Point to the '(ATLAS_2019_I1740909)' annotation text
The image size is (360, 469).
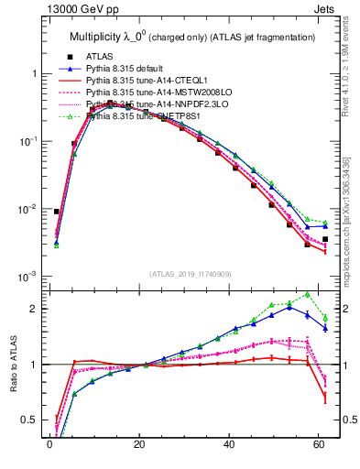(x=190, y=274)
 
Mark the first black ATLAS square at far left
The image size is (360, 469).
(x=57, y=212)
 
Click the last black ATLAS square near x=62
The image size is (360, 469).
(x=325, y=239)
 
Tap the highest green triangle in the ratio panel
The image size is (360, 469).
(x=307, y=294)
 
